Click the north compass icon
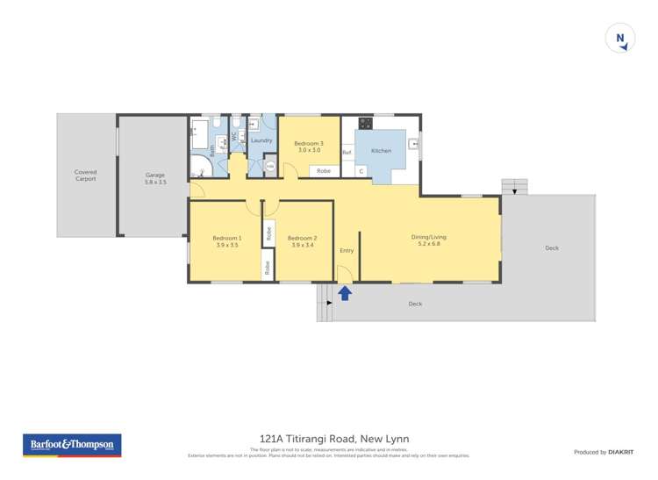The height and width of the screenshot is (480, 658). click(x=620, y=39)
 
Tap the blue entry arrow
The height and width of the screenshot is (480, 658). click(x=345, y=293)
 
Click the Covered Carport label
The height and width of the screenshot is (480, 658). click(x=85, y=176)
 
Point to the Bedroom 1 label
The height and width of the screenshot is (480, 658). click(x=226, y=238)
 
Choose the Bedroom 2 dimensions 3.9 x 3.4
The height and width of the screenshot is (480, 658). click(x=301, y=246)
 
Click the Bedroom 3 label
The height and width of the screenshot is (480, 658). click(x=308, y=143)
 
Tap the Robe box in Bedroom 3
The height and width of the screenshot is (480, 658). click(x=324, y=169)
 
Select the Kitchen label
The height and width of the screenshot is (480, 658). click(x=381, y=151)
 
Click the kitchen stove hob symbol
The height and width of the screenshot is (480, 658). click(x=365, y=123)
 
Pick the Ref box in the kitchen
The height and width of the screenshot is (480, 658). click(x=347, y=152)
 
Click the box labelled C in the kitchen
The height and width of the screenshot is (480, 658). click(x=361, y=170)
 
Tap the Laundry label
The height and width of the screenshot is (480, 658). click(x=261, y=140)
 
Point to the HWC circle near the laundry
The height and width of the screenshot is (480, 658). click(x=270, y=166)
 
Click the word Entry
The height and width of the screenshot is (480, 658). click(x=347, y=250)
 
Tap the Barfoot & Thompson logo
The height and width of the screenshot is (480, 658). click(x=72, y=445)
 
